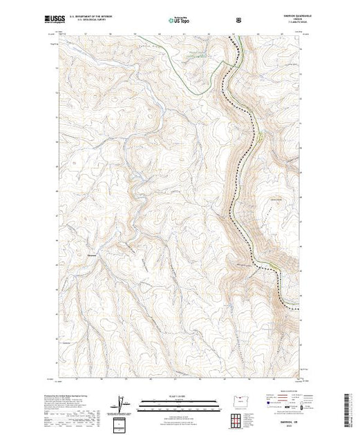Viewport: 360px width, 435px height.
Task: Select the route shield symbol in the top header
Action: tap(239, 20)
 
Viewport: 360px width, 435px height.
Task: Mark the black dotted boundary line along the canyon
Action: tap(241, 173)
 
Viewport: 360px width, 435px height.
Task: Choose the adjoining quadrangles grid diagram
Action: tap(238, 419)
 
